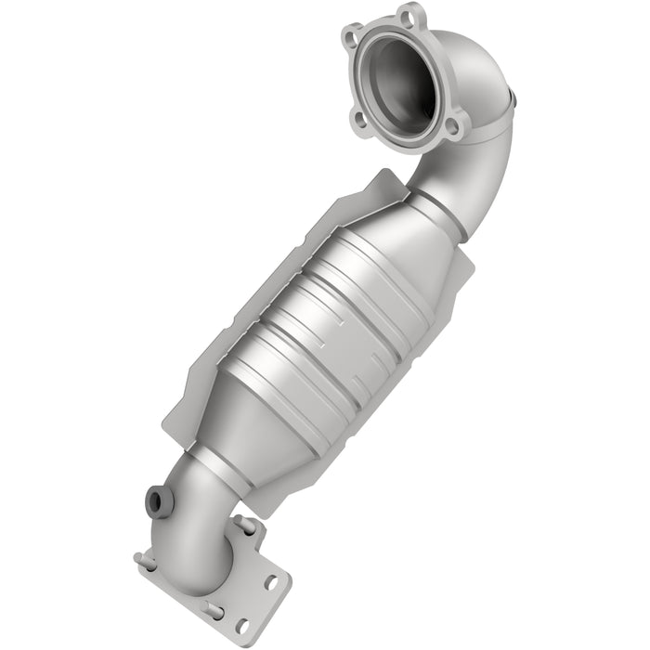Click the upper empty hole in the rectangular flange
tap(272, 583)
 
